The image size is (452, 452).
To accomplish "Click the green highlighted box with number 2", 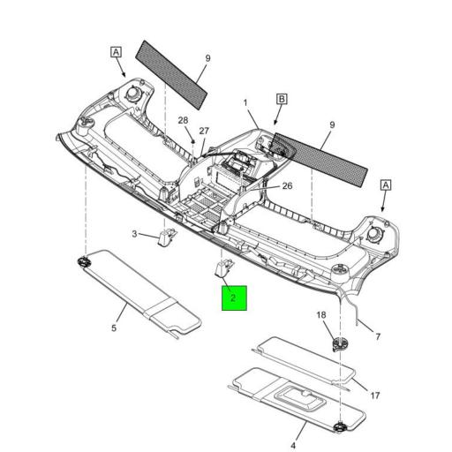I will (233, 298).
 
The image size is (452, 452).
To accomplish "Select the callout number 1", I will (246, 103).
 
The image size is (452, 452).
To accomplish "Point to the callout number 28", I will (184, 120).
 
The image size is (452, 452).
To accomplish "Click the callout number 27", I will (204, 131).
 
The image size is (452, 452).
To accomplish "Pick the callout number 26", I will (287, 185).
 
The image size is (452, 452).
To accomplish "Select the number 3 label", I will (135, 234).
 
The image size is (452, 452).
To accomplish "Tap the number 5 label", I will (114, 328).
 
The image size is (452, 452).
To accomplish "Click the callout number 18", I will (322, 314).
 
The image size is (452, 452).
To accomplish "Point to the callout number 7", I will (378, 336).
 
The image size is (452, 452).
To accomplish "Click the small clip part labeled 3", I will (165, 237).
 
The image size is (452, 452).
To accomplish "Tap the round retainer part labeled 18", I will (336, 343).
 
